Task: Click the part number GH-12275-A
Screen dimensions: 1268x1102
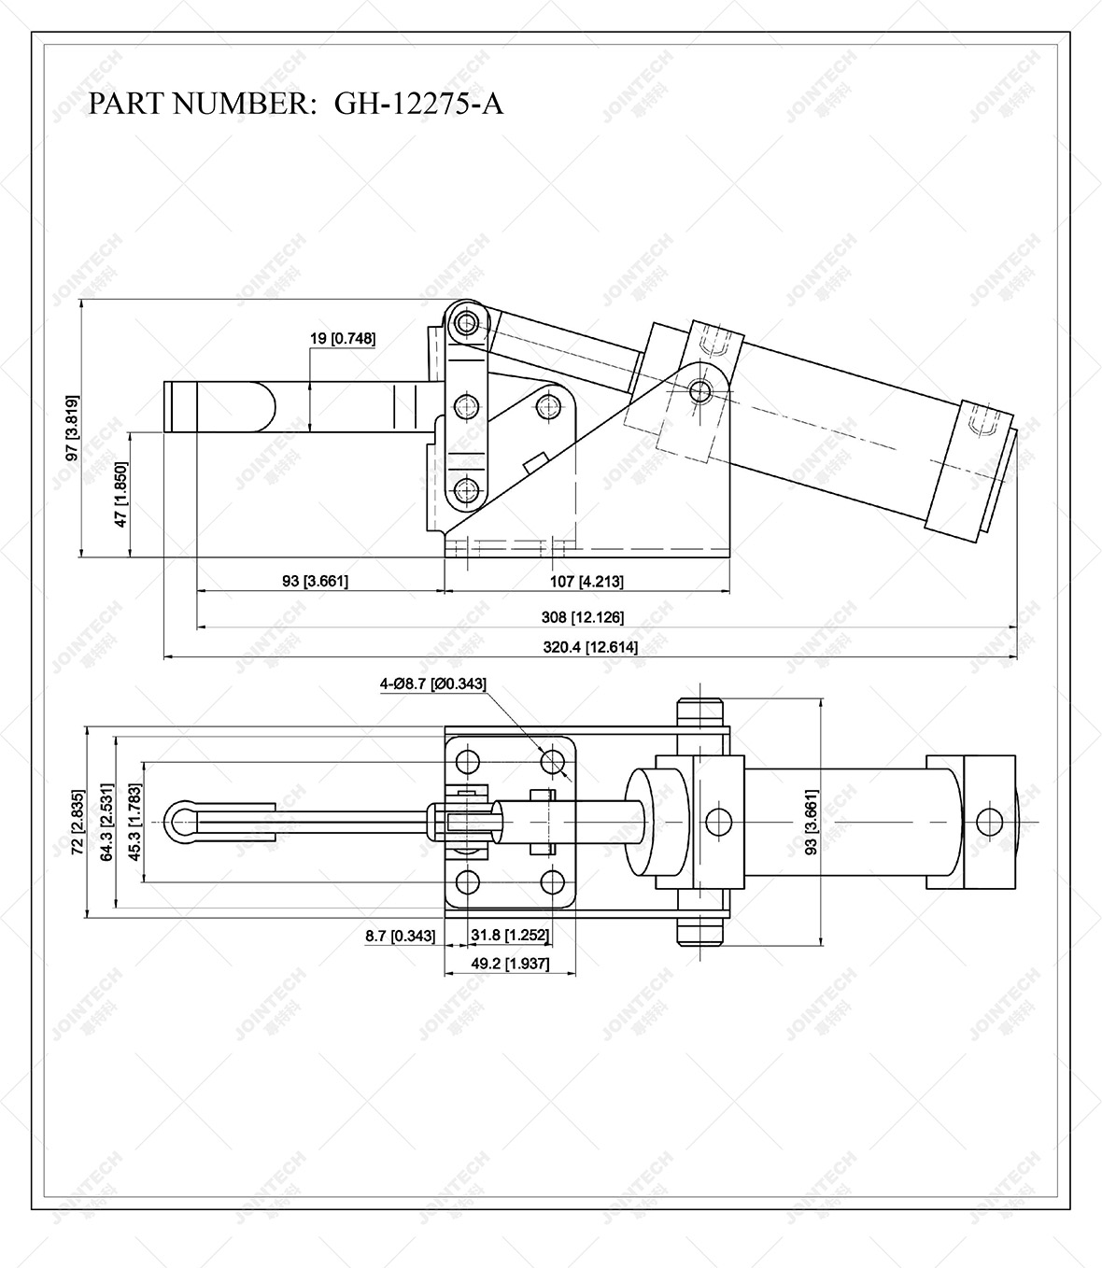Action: [x=295, y=103]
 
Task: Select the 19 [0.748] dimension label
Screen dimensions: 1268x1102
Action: [x=343, y=338]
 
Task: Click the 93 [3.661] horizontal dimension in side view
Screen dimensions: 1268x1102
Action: [x=315, y=581]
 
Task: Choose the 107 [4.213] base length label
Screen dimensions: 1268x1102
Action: [x=586, y=581]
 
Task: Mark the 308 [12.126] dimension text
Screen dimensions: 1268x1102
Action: [x=583, y=616]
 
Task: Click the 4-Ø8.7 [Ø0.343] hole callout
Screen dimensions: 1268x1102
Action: [x=432, y=683]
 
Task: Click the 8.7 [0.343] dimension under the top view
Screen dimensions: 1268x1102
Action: [x=400, y=935]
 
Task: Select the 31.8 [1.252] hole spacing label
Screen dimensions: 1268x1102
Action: [x=509, y=935]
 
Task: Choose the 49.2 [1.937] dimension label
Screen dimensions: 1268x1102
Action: [x=509, y=963]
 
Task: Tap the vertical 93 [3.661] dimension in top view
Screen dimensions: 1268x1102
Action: [x=811, y=823]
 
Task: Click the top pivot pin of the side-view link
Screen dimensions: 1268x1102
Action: [x=466, y=323]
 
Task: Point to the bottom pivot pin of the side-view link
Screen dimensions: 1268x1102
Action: [x=467, y=490]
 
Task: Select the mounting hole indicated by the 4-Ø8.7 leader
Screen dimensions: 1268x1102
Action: [x=556, y=761]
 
